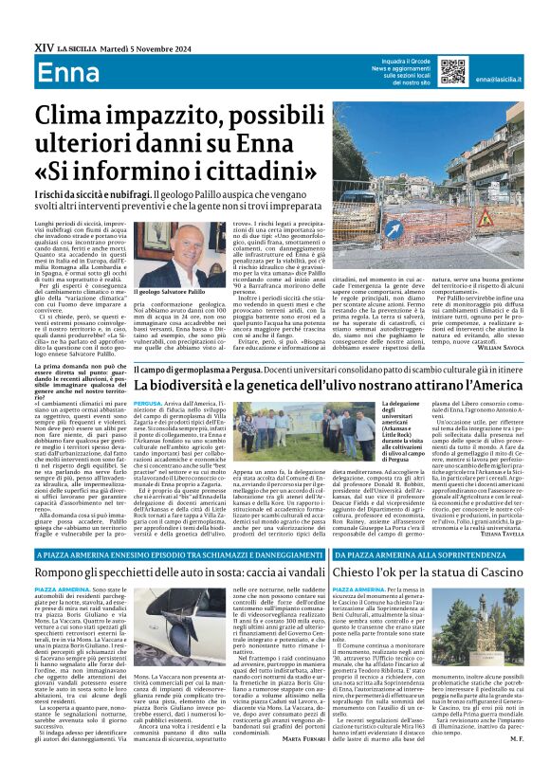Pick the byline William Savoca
(506, 348)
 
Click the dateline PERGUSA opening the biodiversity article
(150, 404)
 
